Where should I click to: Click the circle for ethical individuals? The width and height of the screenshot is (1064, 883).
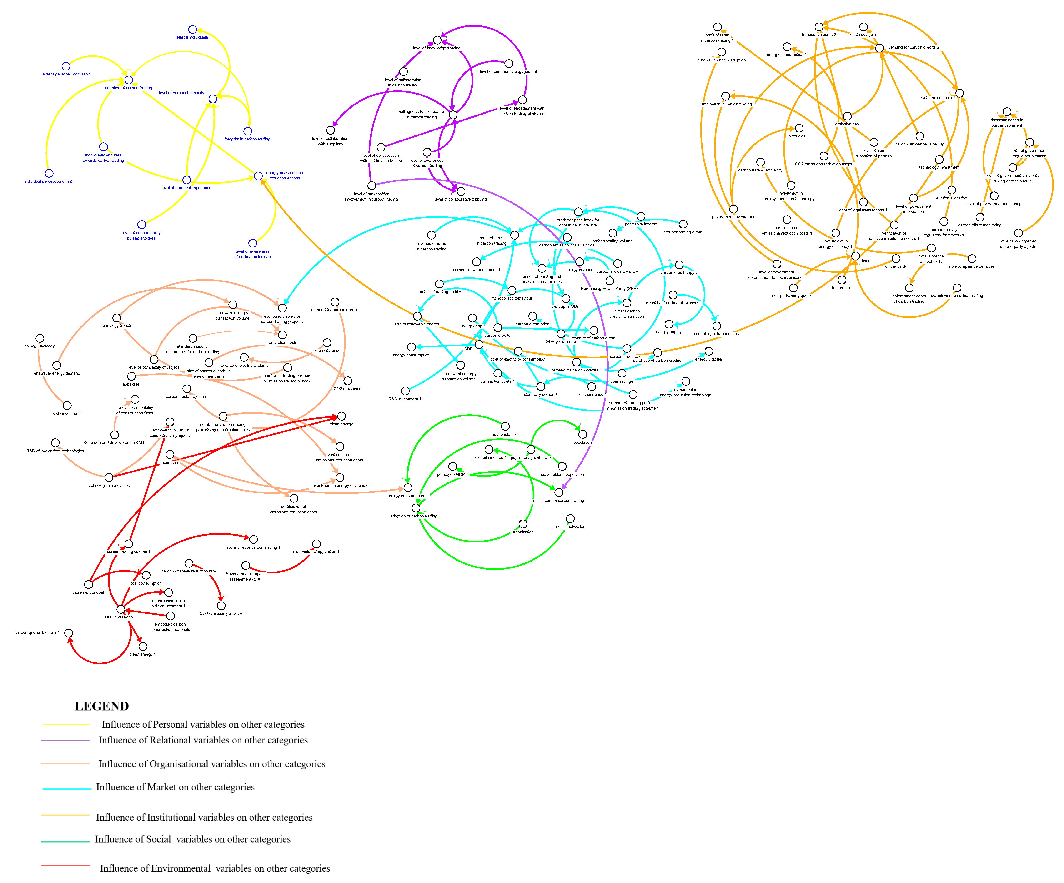[192, 29]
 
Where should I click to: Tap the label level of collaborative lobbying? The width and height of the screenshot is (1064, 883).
[461, 199]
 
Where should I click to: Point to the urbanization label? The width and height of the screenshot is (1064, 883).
[522, 532]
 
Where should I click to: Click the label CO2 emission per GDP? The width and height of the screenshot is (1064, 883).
[221, 613]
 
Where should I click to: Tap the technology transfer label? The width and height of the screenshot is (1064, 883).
[116, 326]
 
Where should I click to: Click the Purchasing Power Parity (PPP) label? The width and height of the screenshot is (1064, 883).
[609, 288]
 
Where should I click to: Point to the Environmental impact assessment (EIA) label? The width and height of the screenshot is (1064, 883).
[245, 577]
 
